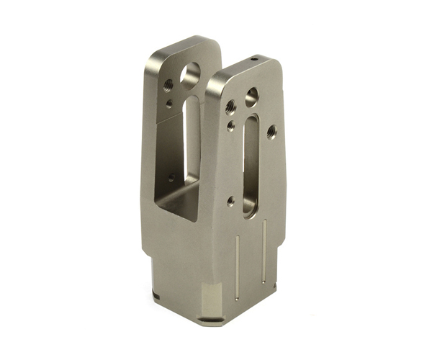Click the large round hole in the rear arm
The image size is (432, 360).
coord(192,73)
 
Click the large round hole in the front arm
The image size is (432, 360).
coord(251,96)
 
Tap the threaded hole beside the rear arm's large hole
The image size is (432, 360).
coord(168,85)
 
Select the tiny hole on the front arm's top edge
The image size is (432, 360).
coord(254,58)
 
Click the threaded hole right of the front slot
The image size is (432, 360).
coord(271,132)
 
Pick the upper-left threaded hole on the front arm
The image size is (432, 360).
coord(230,107)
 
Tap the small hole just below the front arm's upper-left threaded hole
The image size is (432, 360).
coord(230,126)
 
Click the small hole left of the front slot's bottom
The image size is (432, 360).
coord(230,202)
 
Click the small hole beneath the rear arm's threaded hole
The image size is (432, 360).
coord(168,103)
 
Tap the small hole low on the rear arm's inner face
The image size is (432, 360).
coord(171,176)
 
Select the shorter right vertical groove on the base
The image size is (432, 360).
coord(264,248)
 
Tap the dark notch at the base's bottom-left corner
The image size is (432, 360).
coord(156,295)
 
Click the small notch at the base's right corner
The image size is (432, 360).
coord(274,287)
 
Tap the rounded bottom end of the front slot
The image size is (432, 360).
coord(249,210)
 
